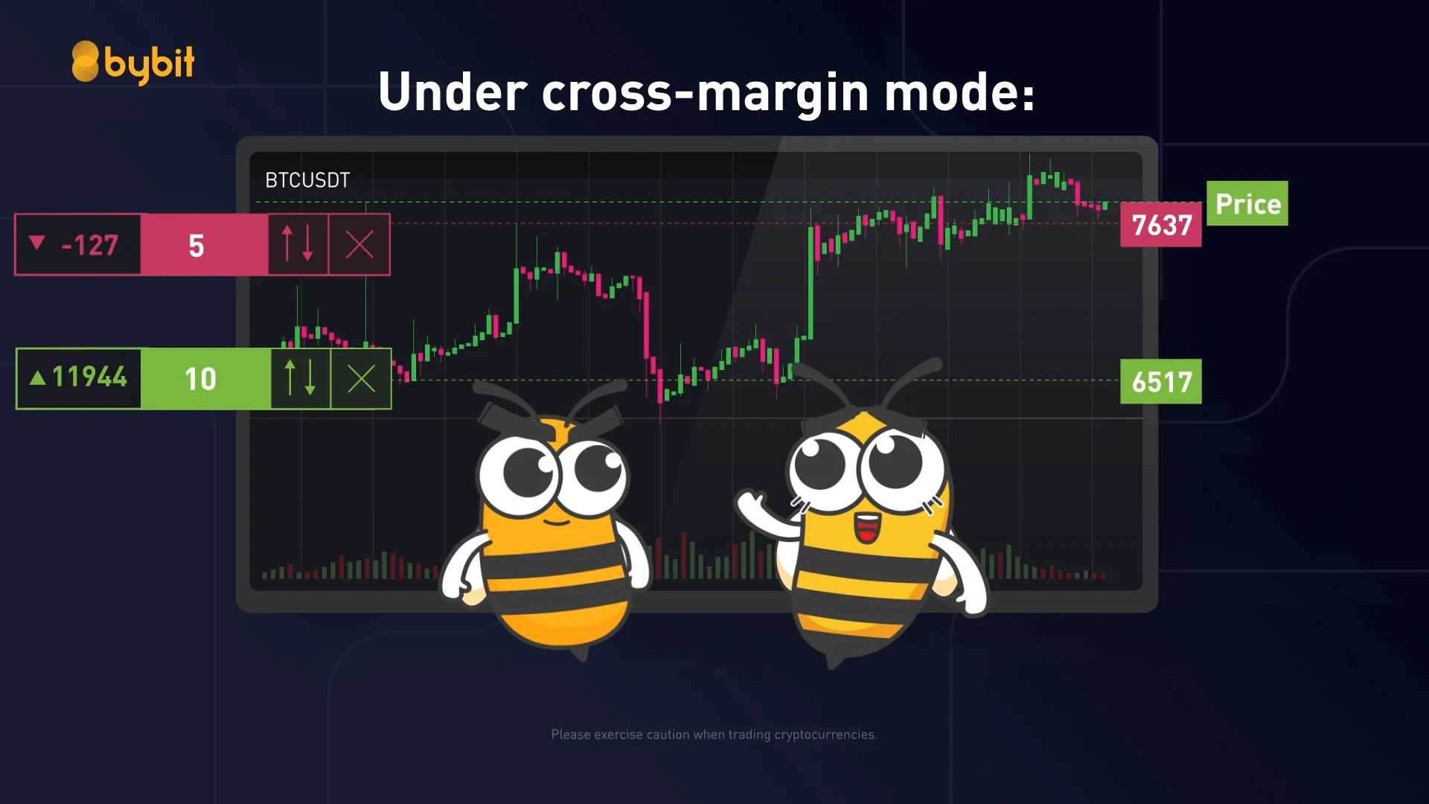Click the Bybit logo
click(x=132, y=63)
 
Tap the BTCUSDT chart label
click(x=307, y=180)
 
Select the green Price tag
click(x=1247, y=203)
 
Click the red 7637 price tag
click(x=1161, y=225)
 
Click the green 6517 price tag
click(x=1161, y=382)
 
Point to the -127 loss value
click(x=90, y=245)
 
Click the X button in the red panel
click(x=359, y=244)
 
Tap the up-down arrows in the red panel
click(x=298, y=244)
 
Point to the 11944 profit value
click(x=89, y=377)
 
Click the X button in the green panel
click(x=362, y=379)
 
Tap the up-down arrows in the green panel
click(x=300, y=378)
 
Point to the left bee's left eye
click(x=527, y=472)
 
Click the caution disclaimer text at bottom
click(x=714, y=735)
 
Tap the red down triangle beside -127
click(x=37, y=243)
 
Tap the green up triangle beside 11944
click(x=38, y=377)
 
